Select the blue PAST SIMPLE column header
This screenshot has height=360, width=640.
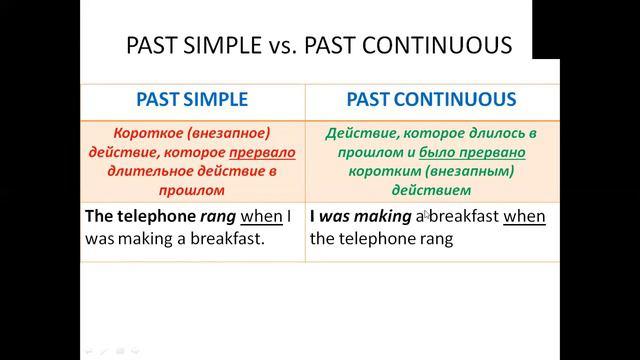[x=192, y=100]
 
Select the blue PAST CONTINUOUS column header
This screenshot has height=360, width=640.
[x=431, y=100]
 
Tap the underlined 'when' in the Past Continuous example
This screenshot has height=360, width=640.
[x=524, y=216]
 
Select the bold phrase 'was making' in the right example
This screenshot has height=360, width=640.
[x=367, y=216]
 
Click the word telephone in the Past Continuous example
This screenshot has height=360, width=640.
[x=373, y=239]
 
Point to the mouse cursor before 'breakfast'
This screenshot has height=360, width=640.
[x=426, y=214]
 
